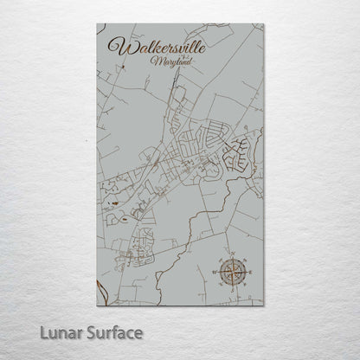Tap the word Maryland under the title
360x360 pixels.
tap(165, 62)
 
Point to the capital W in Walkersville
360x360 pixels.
tap(114, 47)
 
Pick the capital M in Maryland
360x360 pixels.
tap(153, 62)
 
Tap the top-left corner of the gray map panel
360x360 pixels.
tap(95, 24)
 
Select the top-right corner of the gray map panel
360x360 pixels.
tap(264, 24)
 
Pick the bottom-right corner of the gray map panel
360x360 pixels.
tap(264, 305)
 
